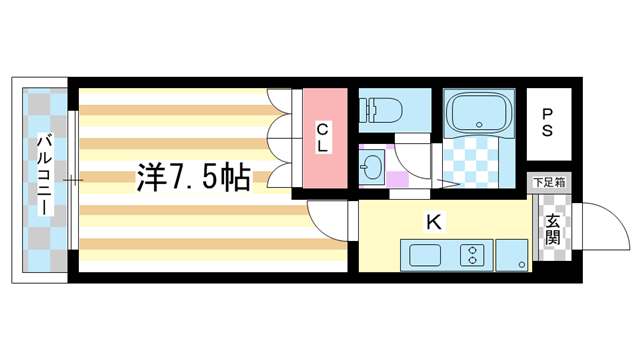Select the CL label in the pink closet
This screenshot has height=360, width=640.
(x=323, y=138)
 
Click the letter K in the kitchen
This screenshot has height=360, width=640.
(x=434, y=222)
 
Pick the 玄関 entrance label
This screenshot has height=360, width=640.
(x=552, y=237)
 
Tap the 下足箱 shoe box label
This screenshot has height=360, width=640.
(x=549, y=182)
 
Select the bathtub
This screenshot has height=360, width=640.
(x=478, y=113)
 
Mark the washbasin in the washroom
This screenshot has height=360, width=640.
(x=372, y=166)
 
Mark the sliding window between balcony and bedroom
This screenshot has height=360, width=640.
(x=73, y=180)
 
